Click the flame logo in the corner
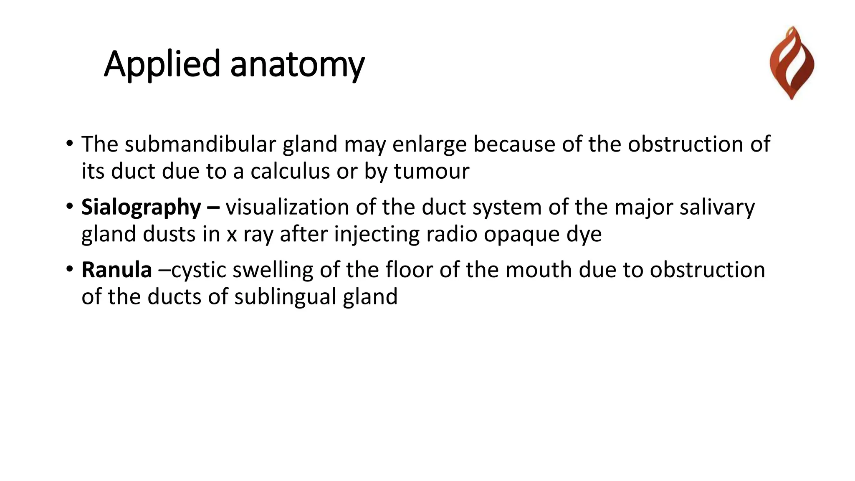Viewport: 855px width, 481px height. pyautogui.click(x=792, y=63)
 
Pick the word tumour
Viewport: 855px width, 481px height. pyautogui.click(x=432, y=171)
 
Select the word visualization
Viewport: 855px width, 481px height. pyautogui.click(x=287, y=208)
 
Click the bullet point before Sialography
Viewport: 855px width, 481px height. pyautogui.click(x=69, y=206)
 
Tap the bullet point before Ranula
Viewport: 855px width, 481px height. pyautogui.click(x=69, y=269)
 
